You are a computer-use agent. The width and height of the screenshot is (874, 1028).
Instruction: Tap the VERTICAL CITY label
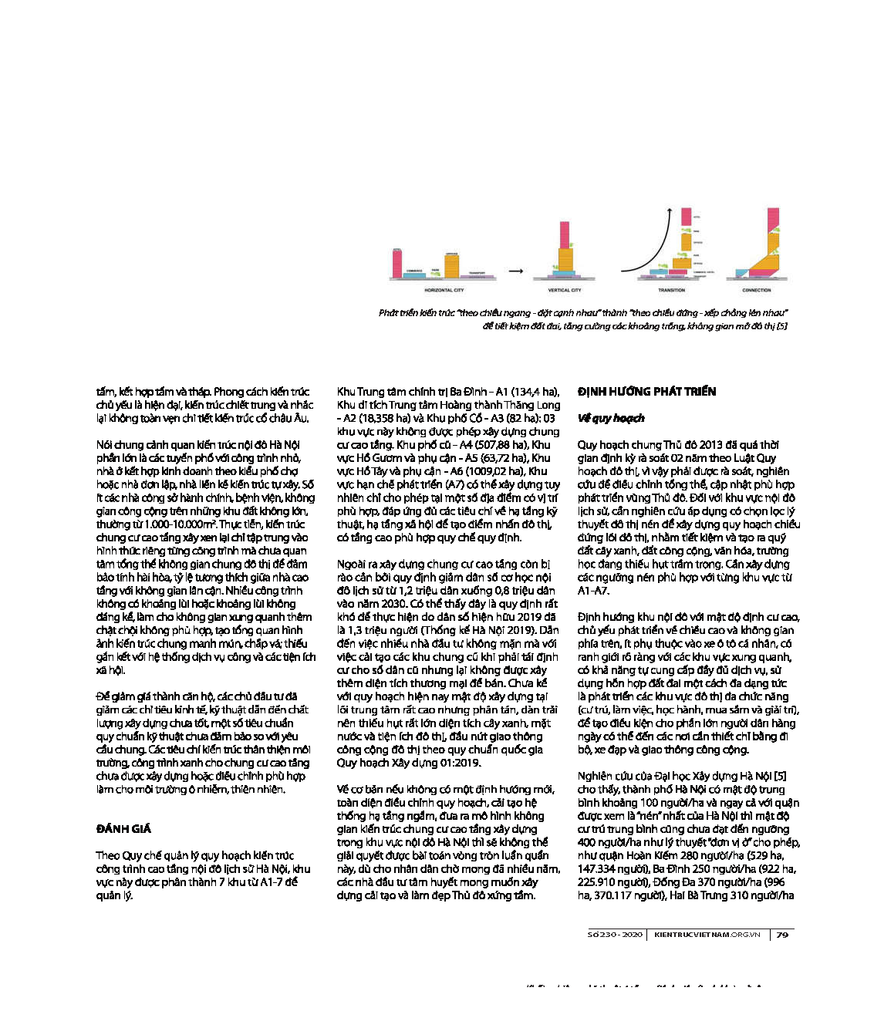click(565, 290)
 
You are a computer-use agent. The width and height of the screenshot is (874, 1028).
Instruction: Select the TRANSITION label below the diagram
click(671, 290)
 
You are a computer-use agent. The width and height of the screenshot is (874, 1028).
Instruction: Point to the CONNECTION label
click(756, 290)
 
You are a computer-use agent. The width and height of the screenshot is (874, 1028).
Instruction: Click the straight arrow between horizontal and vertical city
click(516, 271)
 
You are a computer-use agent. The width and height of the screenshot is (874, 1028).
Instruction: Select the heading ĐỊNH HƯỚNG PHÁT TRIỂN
click(646, 392)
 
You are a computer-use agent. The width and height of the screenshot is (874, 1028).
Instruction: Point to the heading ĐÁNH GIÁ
click(123, 829)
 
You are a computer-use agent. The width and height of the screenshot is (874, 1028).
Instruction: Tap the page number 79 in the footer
click(782, 935)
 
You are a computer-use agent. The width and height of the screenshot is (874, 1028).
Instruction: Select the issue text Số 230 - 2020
click(615, 935)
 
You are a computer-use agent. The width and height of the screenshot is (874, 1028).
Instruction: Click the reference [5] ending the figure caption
click(781, 326)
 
